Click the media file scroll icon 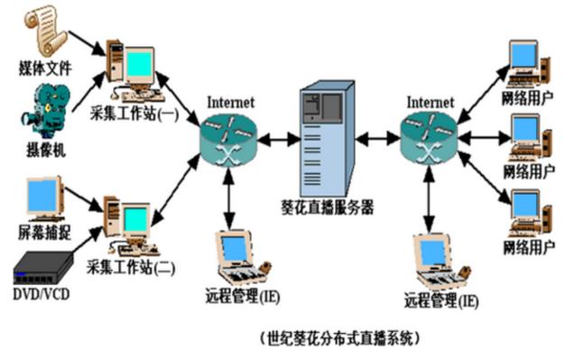click(x=44, y=30)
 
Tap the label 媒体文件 click(x=44, y=69)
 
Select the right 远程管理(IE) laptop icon click(x=438, y=262)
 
